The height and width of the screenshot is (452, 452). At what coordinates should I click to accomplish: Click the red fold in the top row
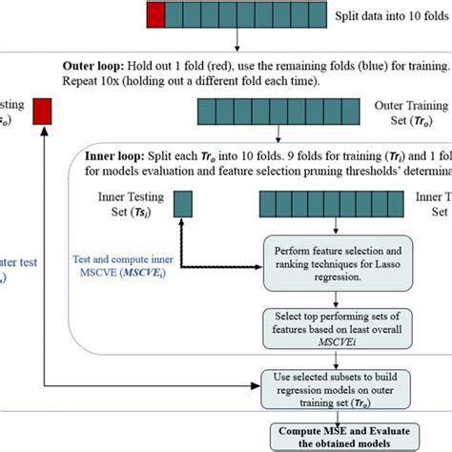[156, 15]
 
